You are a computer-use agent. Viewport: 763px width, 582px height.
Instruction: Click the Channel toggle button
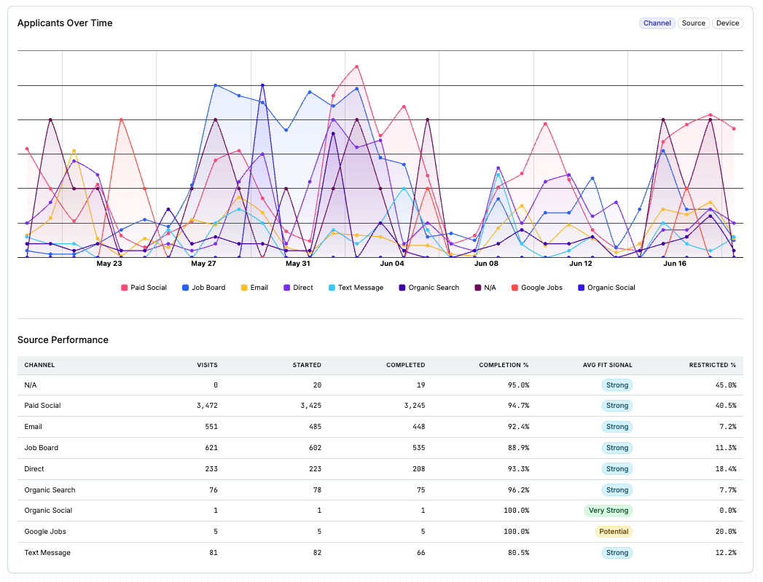pyautogui.click(x=657, y=23)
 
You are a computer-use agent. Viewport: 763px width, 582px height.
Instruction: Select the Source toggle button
pyautogui.click(x=694, y=23)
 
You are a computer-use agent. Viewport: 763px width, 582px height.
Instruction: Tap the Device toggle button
pyautogui.click(x=727, y=23)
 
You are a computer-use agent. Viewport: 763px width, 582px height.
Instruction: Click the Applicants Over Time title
pyautogui.click(x=65, y=23)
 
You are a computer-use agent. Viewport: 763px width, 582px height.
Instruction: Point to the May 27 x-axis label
pyautogui.click(x=203, y=264)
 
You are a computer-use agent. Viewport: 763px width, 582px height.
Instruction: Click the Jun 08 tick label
pyautogui.click(x=486, y=264)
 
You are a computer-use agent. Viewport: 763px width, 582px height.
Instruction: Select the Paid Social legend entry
pyautogui.click(x=144, y=287)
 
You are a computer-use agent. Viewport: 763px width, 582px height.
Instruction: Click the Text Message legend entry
pyautogui.click(x=356, y=287)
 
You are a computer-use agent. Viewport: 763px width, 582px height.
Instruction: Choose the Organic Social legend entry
pyautogui.click(x=606, y=287)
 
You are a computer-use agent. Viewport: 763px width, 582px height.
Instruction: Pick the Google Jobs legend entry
pyautogui.click(x=537, y=287)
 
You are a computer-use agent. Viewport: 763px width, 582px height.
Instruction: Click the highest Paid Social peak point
pyautogui.click(x=356, y=66)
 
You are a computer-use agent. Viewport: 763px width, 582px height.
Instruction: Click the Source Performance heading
pyautogui.click(x=63, y=340)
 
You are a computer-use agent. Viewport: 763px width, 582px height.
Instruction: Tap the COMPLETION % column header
pyautogui.click(x=504, y=365)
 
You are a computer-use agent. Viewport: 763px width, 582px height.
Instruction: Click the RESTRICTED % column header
pyautogui.click(x=713, y=365)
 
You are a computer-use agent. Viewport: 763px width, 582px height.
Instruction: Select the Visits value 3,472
pyautogui.click(x=207, y=406)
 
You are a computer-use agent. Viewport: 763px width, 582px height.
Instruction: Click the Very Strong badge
pyautogui.click(x=609, y=511)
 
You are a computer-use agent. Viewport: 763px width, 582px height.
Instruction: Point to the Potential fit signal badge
pyautogui.click(x=614, y=532)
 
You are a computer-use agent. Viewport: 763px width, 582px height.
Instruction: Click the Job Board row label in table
pyautogui.click(x=42, y=448)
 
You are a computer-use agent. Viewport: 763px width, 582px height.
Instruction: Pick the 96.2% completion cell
pyautogui.click(x=519, y=490)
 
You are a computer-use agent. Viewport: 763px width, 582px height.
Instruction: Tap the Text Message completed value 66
pyautogui.click(x=421, y=553)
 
